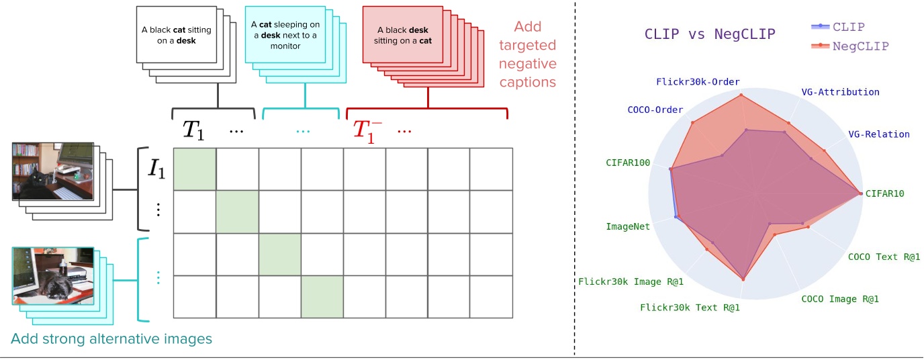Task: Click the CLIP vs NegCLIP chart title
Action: pyautogui.click(x=710, y=34)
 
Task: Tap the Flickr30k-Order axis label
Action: pyautogui.click(x=698, y=82)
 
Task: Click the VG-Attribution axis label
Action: pyautogui.click(x=840, y=92)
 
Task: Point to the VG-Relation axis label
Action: pyautogui.click(x=878, y=134)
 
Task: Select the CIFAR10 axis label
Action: pyautogui.click(x=884, y=193)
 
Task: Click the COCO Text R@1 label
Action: pyautogui.click(x=884, y=257)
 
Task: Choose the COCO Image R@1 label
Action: pyautogui.click(x=839, y=299)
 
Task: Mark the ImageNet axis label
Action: pyautogui.click(x=628, y=226)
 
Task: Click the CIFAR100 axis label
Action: pyautogui.click(x=628, y=163)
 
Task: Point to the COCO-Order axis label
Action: pyautogui.click(x=655, y=109)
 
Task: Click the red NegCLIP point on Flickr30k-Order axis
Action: pyautogui.click(x=741, y=95)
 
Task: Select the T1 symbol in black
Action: pyautogui.click(x=193, y=131)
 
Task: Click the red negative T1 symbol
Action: pyautogui.click(x=368, y=131)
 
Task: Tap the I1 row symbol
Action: pyautogui.click(x=156, y=169)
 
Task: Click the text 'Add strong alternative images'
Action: pyautogui.click(x=111, y=339)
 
